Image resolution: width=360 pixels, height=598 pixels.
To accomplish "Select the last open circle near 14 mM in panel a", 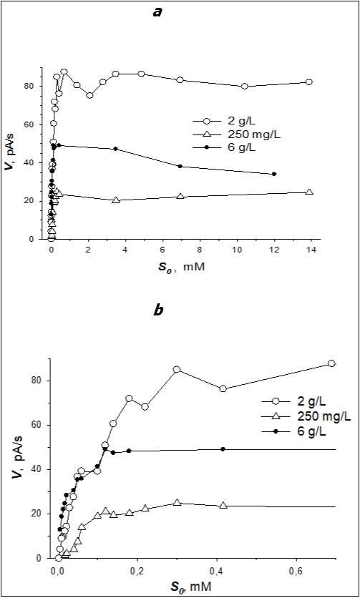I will [309, 82].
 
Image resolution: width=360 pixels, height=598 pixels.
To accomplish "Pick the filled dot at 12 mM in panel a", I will [274, 174].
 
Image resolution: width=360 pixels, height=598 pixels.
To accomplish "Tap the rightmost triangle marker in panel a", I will [309, 192].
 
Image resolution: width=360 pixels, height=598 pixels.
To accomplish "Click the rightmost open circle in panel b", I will [331, 363].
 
